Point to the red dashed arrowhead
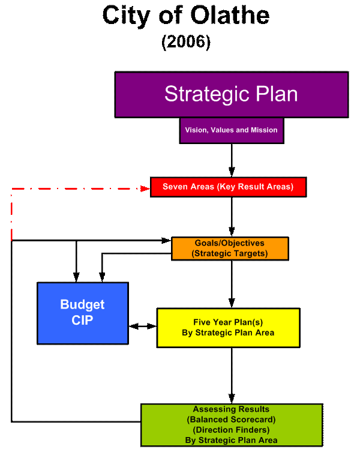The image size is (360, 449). click(x=145, y=188)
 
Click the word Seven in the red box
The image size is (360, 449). click(x=175, y=187)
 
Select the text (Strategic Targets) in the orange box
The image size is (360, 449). click(x=230, y=253)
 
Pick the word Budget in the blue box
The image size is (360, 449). click(x=82, y=304)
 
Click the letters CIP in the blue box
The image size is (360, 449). click(x=82, y=321)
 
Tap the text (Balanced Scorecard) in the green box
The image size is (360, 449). click(x=231, y=420)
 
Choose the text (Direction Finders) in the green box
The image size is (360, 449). click(x=231, y=430)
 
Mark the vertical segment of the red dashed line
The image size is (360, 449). click(x=11, y=216)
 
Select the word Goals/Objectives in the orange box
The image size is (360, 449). click(x=230, y=243)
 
